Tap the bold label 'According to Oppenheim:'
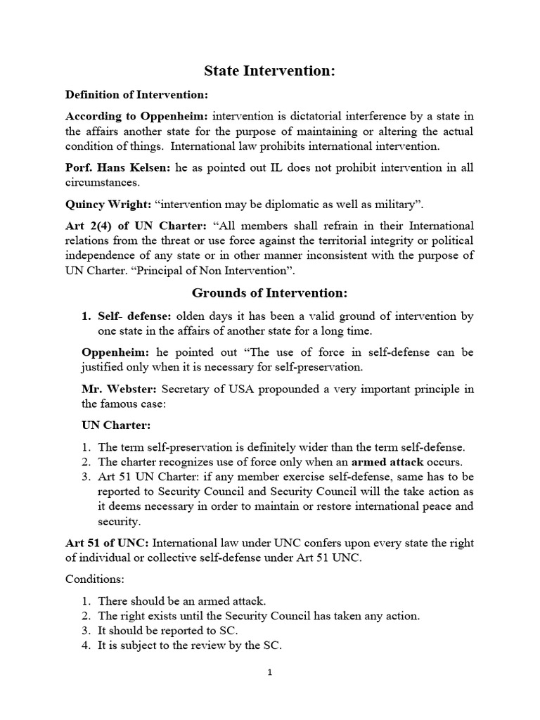pyautogui.click(x=137, y=115)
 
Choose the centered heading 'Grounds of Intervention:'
pyautogui.click(x=270, y=292)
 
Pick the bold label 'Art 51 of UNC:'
pyautogui.click(x=107, y=543)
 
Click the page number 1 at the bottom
pyautogui.click(x=269, y=673)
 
